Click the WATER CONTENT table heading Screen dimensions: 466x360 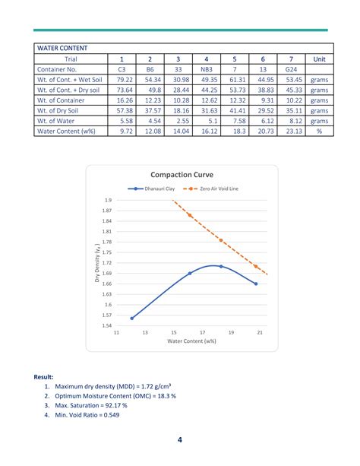pyautogui.click(x=62, y=48)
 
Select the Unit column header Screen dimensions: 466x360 pyautogui.click(x=319, y=59)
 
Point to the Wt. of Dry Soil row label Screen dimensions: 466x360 pyautogui.click(x=62, y=110)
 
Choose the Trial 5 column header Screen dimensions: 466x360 pyautogui.click(x=235, y=59)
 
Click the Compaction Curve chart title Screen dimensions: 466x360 pyautogui.click(x=182, y=174)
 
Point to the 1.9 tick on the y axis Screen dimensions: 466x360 pyautogui.click(x=107, y=200)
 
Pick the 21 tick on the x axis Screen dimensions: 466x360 pyautogui.click(x=260, y=333)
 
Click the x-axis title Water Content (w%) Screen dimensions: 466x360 pyautogui.click(x=192, y=342)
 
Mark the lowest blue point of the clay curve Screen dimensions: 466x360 pyautogui.click(x=132, y=318)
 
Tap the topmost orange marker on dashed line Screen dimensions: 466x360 pyautogui.click(x=190, y=215)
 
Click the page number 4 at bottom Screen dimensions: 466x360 pyautogui.click(x=180, y=440)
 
